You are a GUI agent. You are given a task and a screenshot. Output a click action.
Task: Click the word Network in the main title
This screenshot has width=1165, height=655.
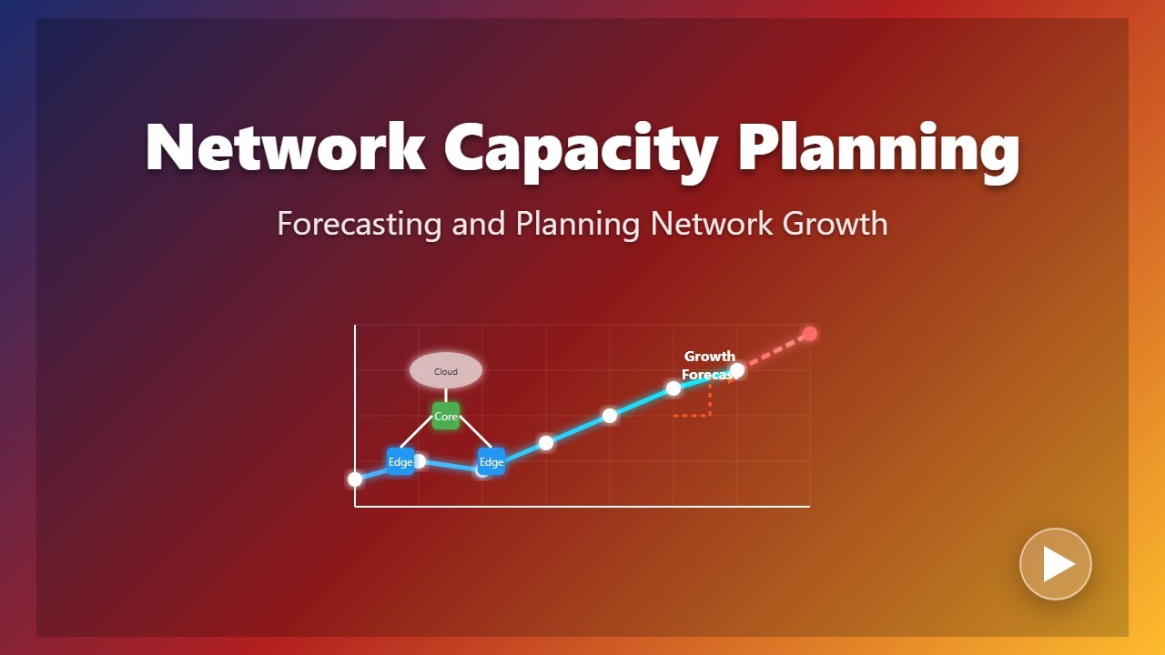tap(285, 147)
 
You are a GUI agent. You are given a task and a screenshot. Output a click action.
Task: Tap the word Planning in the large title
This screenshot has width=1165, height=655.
tap(878, 147)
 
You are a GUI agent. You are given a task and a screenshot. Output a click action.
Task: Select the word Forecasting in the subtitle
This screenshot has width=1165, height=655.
tap(360, 224)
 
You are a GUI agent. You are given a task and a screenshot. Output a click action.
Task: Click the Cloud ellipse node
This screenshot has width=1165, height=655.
tap(446, 371)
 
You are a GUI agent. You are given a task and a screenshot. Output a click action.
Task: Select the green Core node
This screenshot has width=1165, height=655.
tap(446, 417)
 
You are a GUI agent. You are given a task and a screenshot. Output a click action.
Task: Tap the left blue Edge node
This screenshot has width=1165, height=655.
tap(400, 462)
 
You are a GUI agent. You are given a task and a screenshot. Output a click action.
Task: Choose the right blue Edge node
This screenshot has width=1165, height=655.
tap(491, 462)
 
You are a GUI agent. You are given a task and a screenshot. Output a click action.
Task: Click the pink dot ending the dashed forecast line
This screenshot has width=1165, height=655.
tap(810, 334)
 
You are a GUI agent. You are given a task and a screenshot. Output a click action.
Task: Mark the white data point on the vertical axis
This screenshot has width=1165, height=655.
tap(355, 479)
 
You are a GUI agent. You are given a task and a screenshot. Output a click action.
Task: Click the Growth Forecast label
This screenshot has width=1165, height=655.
tap(709, 365)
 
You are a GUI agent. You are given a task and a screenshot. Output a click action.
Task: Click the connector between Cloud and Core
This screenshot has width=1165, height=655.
tap(446, 395)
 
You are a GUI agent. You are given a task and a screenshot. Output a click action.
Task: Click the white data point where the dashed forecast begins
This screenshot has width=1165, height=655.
tap(737, 370)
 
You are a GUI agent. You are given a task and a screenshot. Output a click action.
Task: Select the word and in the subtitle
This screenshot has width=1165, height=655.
tap(479, 224)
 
